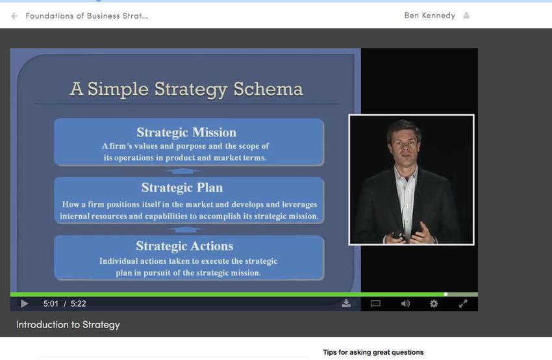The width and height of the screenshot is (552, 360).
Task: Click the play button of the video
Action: [x=24, y=303]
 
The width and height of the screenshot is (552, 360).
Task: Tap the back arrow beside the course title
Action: [x=14, y=16]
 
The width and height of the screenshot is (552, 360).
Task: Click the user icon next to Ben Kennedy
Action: [x=466, y=16]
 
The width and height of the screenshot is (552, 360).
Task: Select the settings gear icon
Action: [x=434, y=303]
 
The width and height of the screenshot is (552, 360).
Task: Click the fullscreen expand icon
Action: [x=463, y=303]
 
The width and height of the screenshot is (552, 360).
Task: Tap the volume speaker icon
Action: [x=405, y=303]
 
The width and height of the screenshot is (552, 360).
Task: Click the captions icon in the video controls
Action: [x=375, y=303]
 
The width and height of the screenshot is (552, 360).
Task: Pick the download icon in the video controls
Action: [x=346, y=303]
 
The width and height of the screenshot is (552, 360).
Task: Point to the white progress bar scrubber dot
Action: [x=445, y=294]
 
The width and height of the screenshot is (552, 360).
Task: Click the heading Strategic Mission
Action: [x=186, y=133]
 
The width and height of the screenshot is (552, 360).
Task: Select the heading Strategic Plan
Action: [x=182, y=188]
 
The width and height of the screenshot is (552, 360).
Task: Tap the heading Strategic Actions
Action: [x=184, y=246]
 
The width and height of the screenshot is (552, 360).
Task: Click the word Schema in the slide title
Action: [x=268, y=89]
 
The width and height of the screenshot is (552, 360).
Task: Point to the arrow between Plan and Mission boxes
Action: [x=182, y=171]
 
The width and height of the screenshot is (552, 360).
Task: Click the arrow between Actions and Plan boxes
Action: [x=186, y=229]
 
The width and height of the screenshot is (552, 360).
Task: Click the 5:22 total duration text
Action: [x=78, y=303]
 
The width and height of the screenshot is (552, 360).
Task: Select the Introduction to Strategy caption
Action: [x=68, y=324]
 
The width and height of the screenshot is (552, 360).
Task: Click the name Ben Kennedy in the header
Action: [x=430, y=16]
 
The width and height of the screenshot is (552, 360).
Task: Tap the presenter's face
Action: [x=404, y=144]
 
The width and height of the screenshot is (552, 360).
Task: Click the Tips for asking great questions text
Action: [x=373, y=352]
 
